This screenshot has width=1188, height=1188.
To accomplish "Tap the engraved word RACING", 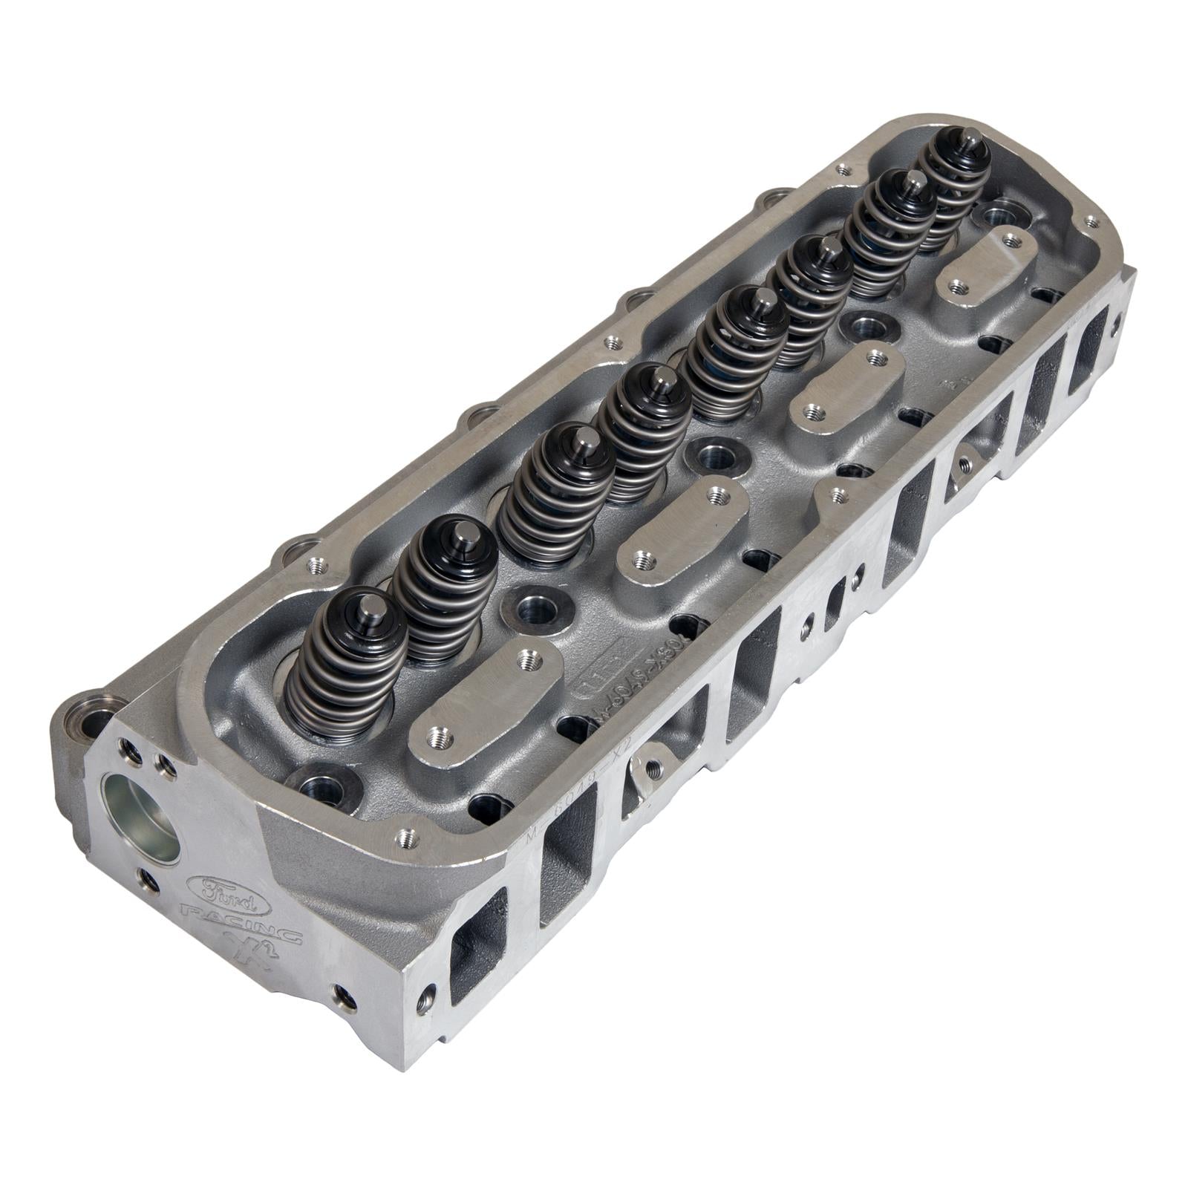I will (242, 924).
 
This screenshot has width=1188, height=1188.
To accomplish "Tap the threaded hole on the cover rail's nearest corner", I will (405, 838).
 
